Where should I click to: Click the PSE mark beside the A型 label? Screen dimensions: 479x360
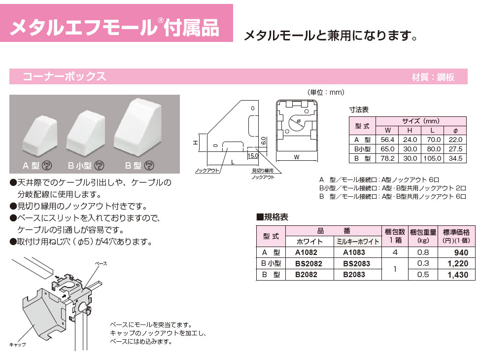tap(47, 165)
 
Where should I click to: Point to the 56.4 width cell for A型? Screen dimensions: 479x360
tap(387, 140)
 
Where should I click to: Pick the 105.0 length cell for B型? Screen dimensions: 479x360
tap(432, 158)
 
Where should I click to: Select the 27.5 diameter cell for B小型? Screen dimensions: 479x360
tap(455, 149)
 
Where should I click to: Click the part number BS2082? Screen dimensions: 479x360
tap(308, 263)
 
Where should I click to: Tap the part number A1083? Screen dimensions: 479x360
tap(354, 252)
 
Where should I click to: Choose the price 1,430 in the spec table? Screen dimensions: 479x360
tap(458, 275)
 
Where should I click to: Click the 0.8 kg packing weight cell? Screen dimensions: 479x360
tap(423, 252)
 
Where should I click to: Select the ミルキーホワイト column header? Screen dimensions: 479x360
tap(357, 242)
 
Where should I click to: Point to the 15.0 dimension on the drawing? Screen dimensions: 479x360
tap(253, 155)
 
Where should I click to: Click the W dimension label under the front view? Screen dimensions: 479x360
tap(297, 157)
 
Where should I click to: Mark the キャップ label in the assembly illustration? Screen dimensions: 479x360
tap(17, 344)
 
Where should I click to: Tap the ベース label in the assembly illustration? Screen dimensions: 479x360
tap(101, 263)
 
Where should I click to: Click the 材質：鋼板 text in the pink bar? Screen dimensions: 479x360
tap(433, 77)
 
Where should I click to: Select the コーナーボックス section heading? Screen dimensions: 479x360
tap(65, 76)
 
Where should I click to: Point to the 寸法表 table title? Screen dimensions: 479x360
tap(359, 109)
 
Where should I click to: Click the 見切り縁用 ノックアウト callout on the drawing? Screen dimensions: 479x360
tap(263, 174)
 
